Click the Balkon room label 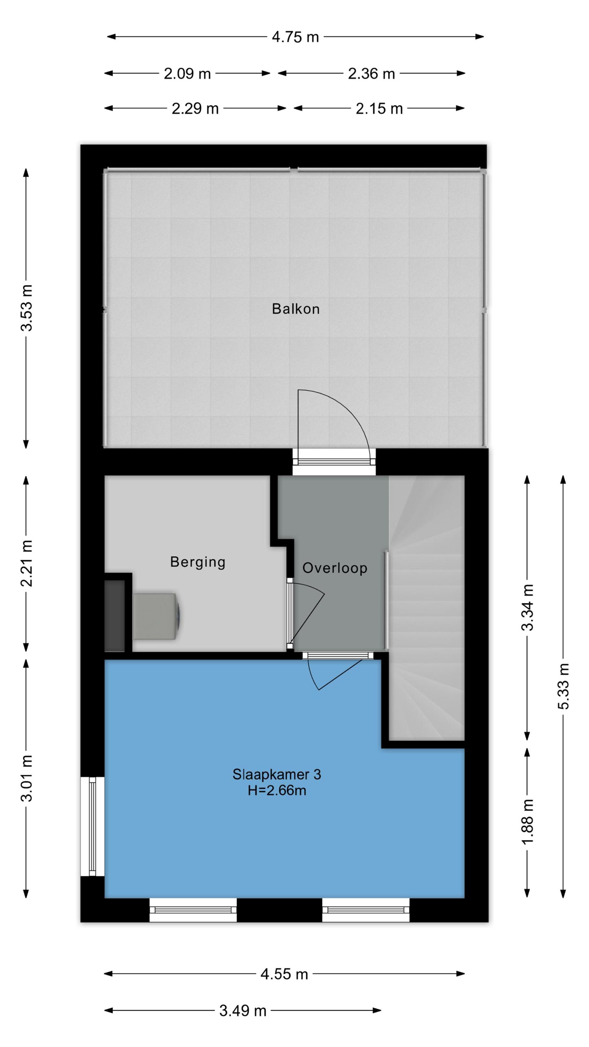click(x=296, y=309)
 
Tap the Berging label click(x=197, y=562)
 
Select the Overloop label click(x=335, y=568)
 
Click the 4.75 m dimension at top click(x=296, y=37)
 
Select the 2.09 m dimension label click(x=187, y=74)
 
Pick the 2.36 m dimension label click(x=372, y=74)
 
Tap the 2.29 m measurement click(x=195, y=109)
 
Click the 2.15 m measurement click(x=379, y=109)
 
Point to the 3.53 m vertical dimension click(x=27, y=308)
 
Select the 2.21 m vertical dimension click(x=27, y=563)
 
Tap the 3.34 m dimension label click(x=527, y=607)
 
